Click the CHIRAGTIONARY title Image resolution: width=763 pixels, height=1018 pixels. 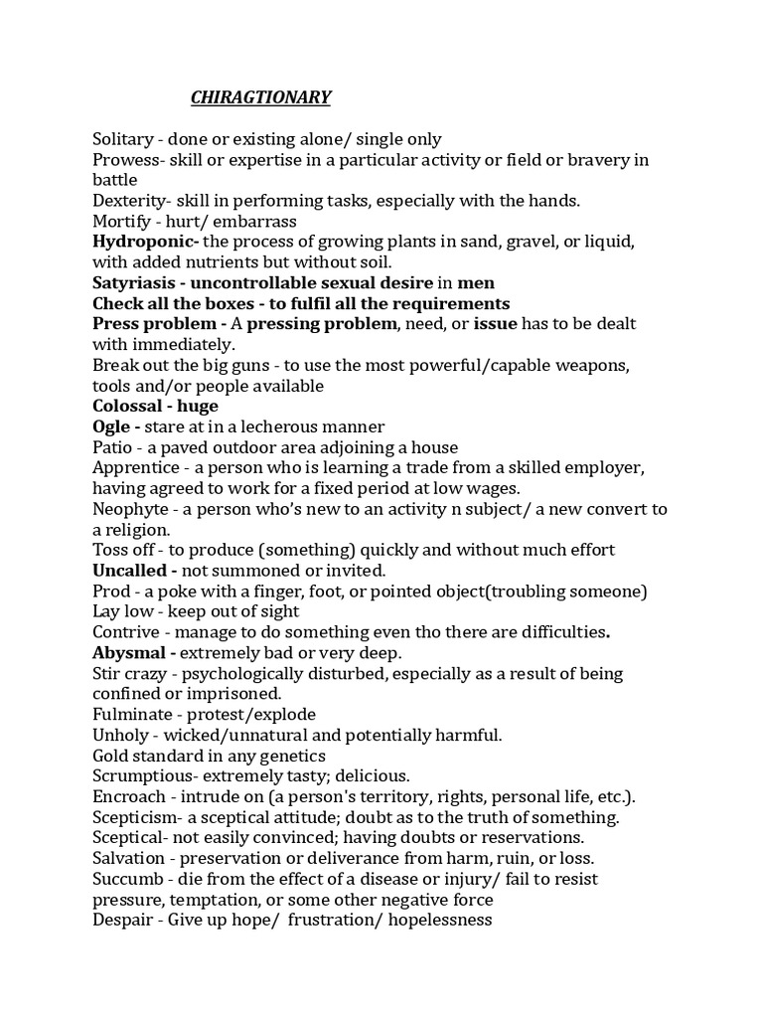click(261, 97)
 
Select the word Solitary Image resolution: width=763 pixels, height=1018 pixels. click(123, 139)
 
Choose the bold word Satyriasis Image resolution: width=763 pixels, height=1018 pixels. click(134, 283)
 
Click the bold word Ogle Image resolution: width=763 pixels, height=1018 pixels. click(110, 426)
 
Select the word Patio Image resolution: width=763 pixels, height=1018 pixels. click(112, 447)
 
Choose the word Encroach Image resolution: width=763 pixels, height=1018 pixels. click(129, 796)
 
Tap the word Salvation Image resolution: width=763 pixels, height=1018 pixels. click(130, 858)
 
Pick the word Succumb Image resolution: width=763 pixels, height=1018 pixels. click(127, 879)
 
